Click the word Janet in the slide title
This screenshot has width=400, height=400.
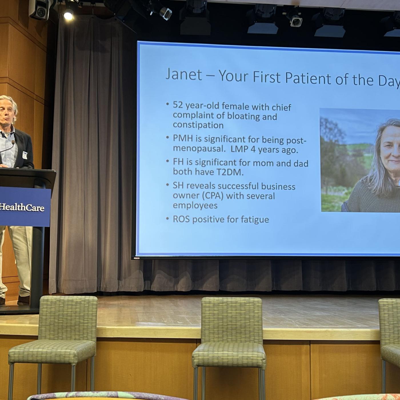tap(184, 75)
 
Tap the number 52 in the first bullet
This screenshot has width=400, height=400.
tap(178, 105)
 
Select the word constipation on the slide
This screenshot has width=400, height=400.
tap(198, 125)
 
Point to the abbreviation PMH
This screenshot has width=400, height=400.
tap(183, 138)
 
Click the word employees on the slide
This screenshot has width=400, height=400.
tap(195, 205)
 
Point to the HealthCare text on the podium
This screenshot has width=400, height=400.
tap(22, 208)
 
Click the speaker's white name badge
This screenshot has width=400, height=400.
tap(25, 155)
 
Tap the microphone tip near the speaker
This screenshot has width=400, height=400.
tap(13, 142)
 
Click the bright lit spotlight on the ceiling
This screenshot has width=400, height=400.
tap(69, 15)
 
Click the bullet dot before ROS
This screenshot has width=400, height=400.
tap(167, 218)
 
